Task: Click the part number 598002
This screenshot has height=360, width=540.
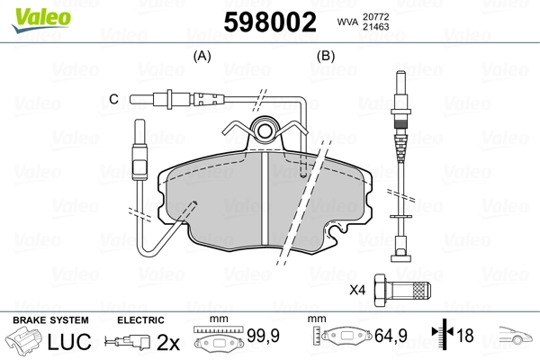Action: tap(270, 22)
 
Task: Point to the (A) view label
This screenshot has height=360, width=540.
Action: tap(202, 56)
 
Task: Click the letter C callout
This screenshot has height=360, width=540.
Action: tap(113, 98)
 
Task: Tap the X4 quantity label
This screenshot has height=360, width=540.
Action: tap(358, 290)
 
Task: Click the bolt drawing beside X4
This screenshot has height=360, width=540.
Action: tap(404, 289)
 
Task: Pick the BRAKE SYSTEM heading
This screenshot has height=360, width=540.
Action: tap(50, 319)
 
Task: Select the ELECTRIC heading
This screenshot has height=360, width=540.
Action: tap(140, 319)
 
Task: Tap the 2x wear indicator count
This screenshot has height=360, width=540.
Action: tap(168, 342)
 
